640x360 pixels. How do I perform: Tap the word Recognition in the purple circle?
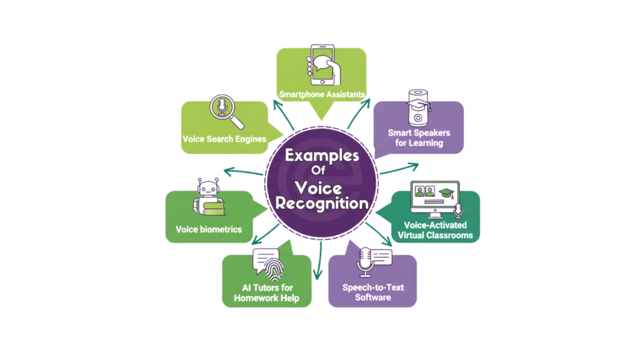point(322,203)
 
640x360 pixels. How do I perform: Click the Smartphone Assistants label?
point(322,94)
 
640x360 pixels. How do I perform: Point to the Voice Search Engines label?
point(224,139)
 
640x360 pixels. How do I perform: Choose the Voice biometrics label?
point(209,229)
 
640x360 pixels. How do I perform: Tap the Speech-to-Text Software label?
point(372,292)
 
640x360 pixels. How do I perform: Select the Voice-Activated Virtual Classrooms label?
point(435,230)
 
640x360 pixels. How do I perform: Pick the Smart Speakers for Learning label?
point(419,137)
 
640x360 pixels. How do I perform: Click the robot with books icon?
point(209,197)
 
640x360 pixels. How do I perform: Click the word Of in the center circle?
point(319,170)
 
